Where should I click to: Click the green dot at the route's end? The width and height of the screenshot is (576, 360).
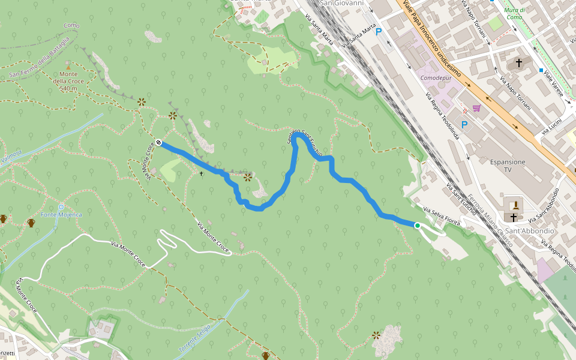[x=417, y=226]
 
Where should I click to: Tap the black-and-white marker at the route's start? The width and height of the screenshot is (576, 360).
[x=158, y=143]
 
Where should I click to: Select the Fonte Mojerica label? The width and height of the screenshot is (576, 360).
[x=61, y=214]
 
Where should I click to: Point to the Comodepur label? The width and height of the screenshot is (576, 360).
[x=436, y=78]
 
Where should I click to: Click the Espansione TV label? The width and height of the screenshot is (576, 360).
[x=508, y=166]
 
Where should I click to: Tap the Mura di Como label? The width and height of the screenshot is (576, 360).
[x=515, y=13]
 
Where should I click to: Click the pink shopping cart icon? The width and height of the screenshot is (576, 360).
[x=476, y=108]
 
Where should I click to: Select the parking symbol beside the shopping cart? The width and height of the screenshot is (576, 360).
[x=464, y=125]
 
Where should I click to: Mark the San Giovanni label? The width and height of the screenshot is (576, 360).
[x=342, y=3]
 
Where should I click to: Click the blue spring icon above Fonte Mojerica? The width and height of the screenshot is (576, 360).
[x=61, y=206]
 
